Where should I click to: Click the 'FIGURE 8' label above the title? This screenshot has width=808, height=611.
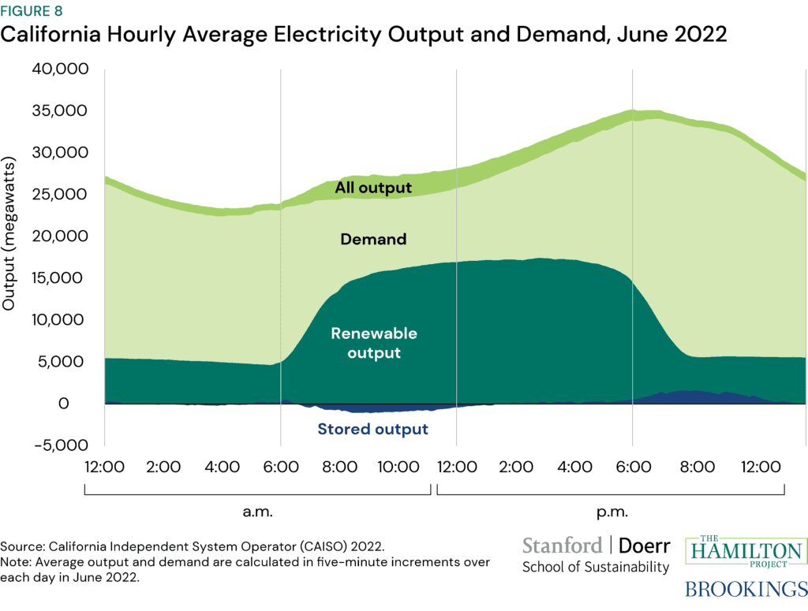(32, 11)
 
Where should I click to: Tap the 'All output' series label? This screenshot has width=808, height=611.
(373, 188)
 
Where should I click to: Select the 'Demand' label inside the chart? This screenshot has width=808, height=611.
(373, 238)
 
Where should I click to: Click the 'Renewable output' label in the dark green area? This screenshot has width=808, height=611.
(374, 343)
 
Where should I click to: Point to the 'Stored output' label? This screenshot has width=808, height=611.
(372, 430)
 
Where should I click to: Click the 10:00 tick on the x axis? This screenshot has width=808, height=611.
(398, 467)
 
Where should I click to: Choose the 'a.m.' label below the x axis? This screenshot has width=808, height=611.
(257, 512)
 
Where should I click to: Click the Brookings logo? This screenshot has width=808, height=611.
(745, 589)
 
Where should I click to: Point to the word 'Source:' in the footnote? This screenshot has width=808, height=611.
(23, 546)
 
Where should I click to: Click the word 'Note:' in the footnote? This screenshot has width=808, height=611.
(18, 563)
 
